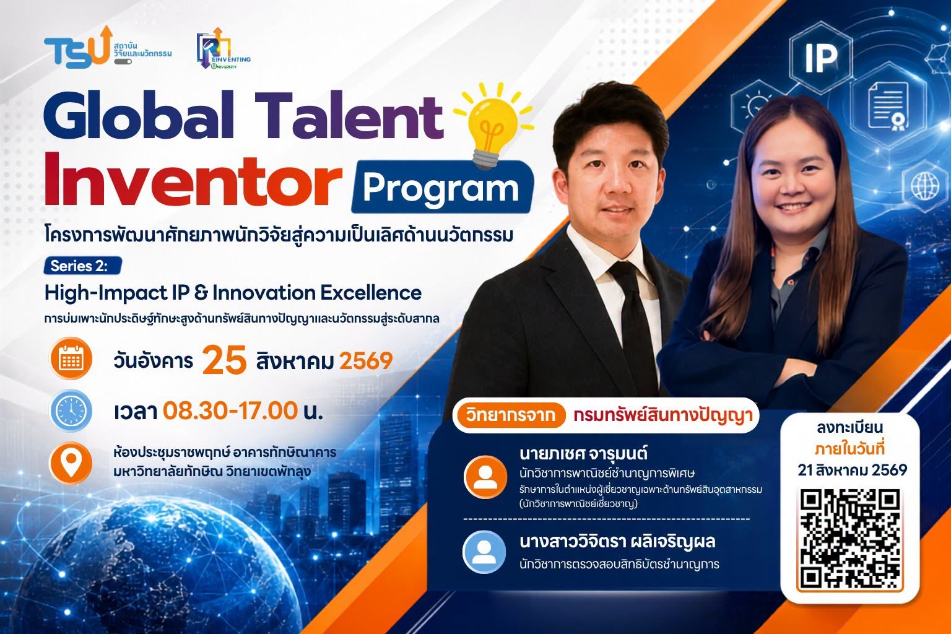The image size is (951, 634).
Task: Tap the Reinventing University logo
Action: [x=224, y=49]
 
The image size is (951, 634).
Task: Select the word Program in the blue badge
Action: [x=441, y=189]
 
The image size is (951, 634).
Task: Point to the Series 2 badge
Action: [x=83, y=266]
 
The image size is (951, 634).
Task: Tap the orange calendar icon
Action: [x=71, y=359]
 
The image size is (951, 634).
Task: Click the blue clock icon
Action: [x=71, y=410]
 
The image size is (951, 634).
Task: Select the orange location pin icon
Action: [x=71, y=463]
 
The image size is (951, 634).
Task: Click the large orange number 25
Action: [x=225, y=360]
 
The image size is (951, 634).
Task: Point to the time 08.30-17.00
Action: [x=230, y=410]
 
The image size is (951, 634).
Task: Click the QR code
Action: [x=849, y=539]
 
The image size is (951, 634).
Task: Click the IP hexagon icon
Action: [x=820, y=58]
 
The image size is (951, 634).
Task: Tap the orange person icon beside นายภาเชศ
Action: [x=485, y=477]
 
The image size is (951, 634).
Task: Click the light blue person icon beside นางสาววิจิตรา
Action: [x=484, y=552]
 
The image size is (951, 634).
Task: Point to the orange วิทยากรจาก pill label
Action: [x=510, y=415]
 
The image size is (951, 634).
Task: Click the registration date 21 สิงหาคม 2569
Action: [x=852, y=470]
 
